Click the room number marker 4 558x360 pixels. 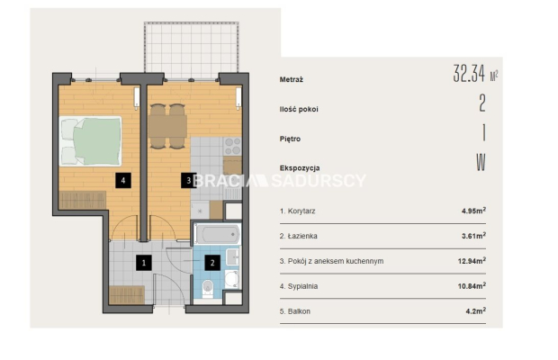coord(123,180)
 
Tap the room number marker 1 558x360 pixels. coord(144,263)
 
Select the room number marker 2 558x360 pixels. coord(212,263)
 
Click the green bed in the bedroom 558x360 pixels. coord(90,141)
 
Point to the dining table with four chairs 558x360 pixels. coord(167,126)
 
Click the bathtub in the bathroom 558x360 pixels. coord(217,234)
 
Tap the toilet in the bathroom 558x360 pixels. coord(208,288)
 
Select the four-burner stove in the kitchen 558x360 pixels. coord(233,146)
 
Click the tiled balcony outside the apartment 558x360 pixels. coord(191,49)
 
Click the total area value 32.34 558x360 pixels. coord(469,74)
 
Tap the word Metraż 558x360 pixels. coord(291,80)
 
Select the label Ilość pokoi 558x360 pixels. coord(299,109)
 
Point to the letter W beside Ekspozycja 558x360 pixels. coord(481,162)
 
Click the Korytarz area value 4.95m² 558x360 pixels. coord(473,211)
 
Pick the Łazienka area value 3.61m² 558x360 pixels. coord(473,236)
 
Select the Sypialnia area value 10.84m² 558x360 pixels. coord(472,285)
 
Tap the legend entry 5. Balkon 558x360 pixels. coord(295,311)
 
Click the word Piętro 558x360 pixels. coord(290,139)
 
